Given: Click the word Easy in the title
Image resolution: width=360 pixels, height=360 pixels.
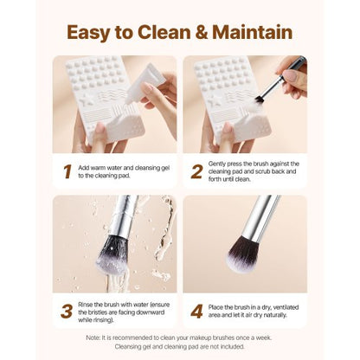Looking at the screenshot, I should point(93,33).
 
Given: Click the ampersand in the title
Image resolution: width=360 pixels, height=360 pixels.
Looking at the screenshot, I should point(209,33).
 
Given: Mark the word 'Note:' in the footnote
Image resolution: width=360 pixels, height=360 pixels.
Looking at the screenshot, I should point(95,337).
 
